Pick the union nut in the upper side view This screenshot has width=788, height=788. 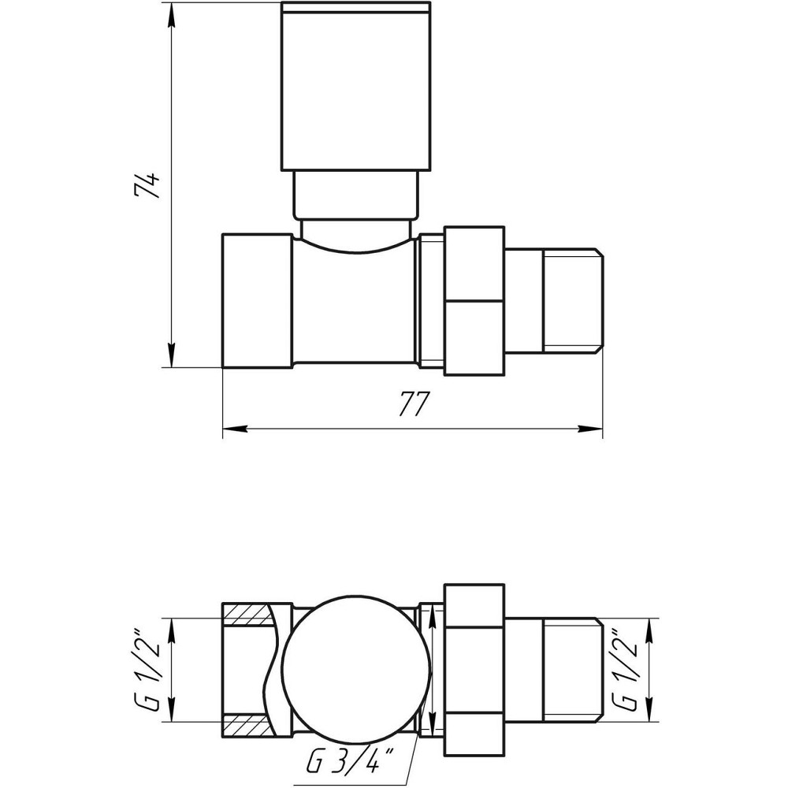[x=474, y=300]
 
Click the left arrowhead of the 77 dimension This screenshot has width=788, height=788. [x=233, y=429]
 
